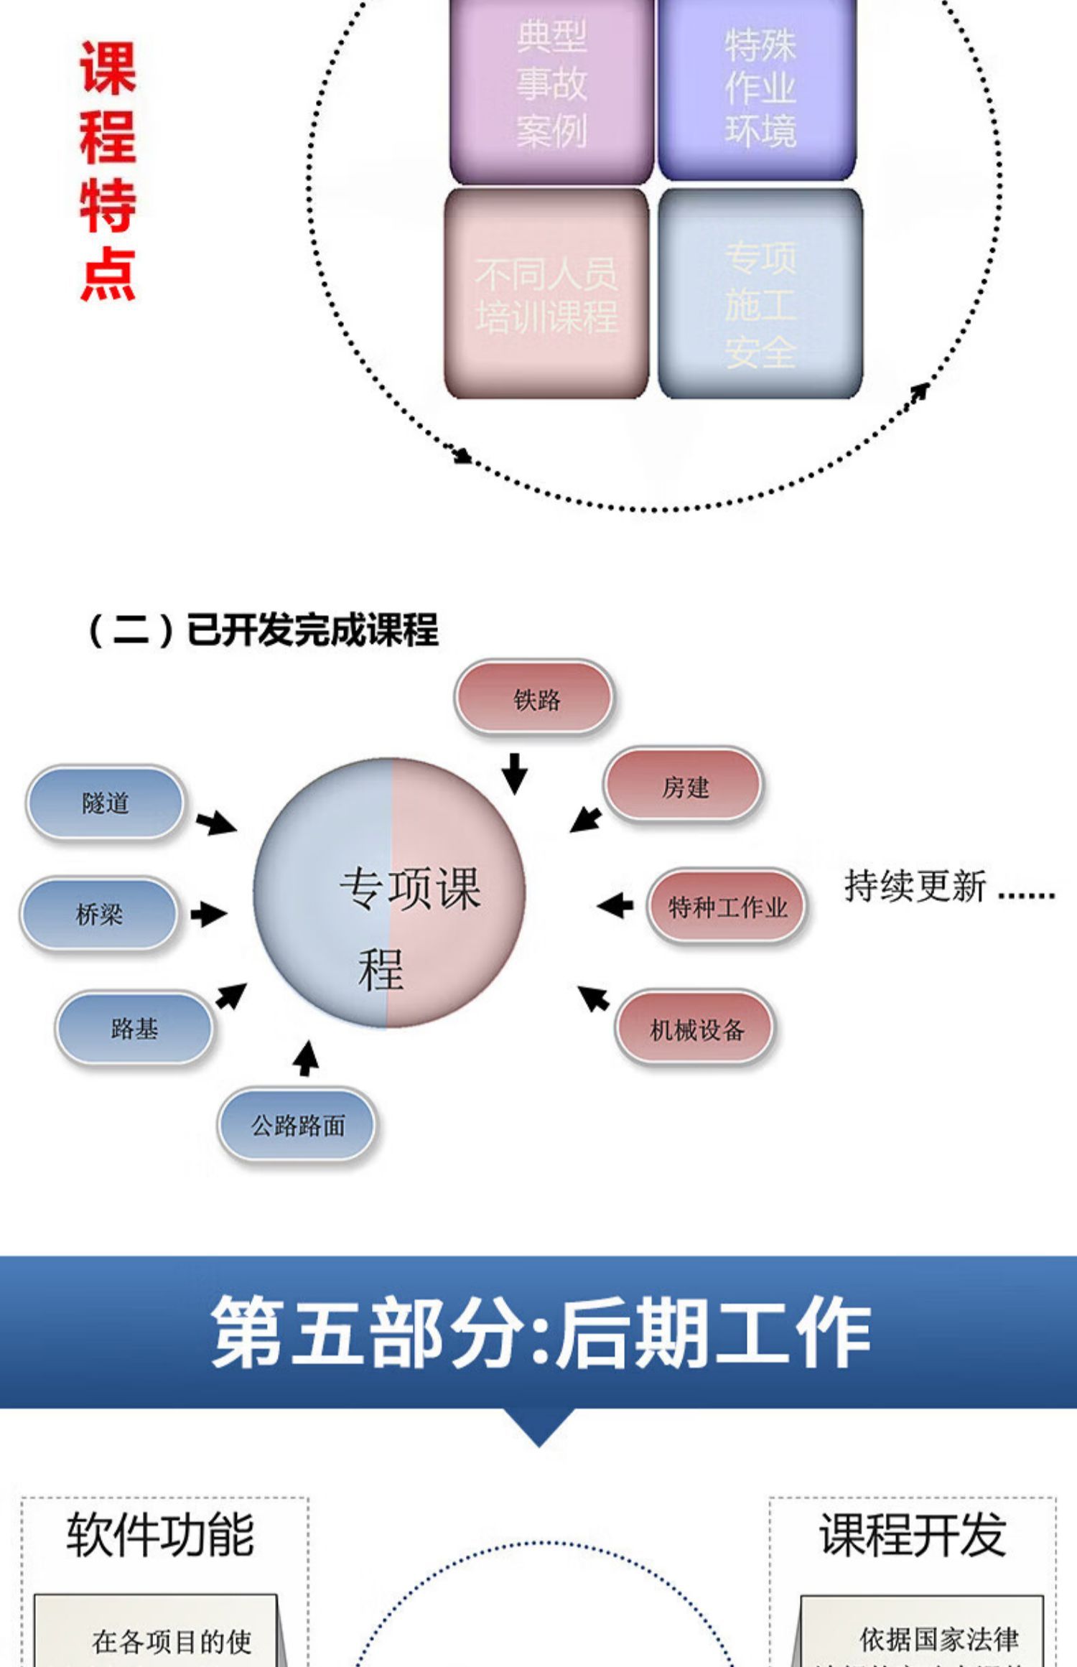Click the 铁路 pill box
[x=534, y=698]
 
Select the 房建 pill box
[x=683, y=786]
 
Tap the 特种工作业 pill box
[x=727, y=906]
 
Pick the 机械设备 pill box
[x=695, y=1029]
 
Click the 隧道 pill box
[x=106, y=802]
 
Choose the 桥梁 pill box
[x=99, y=914]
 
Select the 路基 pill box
[x=134, y=1028]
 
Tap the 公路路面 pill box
[x=297, y=1125]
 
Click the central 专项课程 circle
[x=390, y=892]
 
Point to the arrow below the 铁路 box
[x=514, y=773]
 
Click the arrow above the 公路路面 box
[x=307, y=1058]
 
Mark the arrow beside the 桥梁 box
[x=209, y=914]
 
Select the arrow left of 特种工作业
[x=615, y=905]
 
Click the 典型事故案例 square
[x=551, y=86]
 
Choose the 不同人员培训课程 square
[x=546, y=294]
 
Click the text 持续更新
[x=915, y=886]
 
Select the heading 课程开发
[x=913, y=1534]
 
